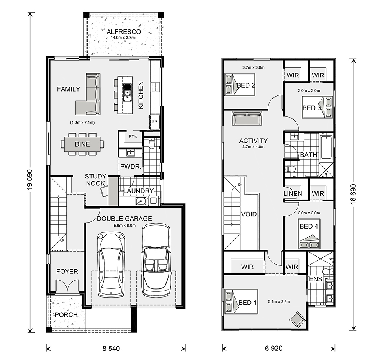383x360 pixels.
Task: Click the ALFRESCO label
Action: pyautogui.click(x=124, y=32)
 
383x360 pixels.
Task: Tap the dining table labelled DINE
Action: pyautogui.click(x=82, y=144)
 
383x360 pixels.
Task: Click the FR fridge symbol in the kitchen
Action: pyautogui.click(x=155, y=121)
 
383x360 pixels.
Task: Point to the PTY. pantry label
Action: pyautogui.click(x=133, y=136)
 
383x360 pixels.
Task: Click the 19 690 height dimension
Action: pyautogui.click(x=30, y=180)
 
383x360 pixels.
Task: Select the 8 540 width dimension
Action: pyautogui.click(x=111, y=349)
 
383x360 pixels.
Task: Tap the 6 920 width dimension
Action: pyautogui.click(x=273, y=349)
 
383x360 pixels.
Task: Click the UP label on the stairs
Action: pyautogui.click(x=62, y=241)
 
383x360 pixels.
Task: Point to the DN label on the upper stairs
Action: pyautogui.click(x=241, y=185)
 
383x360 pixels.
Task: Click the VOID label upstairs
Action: pyautogui.click(x=249, y=214)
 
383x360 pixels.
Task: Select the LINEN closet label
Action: pyautogui.click(x=293, y=194)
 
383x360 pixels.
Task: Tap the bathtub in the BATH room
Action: pyautogui.click(x=326, y=148)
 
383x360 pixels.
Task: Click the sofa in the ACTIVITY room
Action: pyautogui.click(x=247, y=118)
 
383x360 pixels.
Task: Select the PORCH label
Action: pyautogui.click(x=66, y=314)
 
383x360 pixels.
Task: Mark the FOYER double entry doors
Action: pyautogui.click(x=67, y=286)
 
